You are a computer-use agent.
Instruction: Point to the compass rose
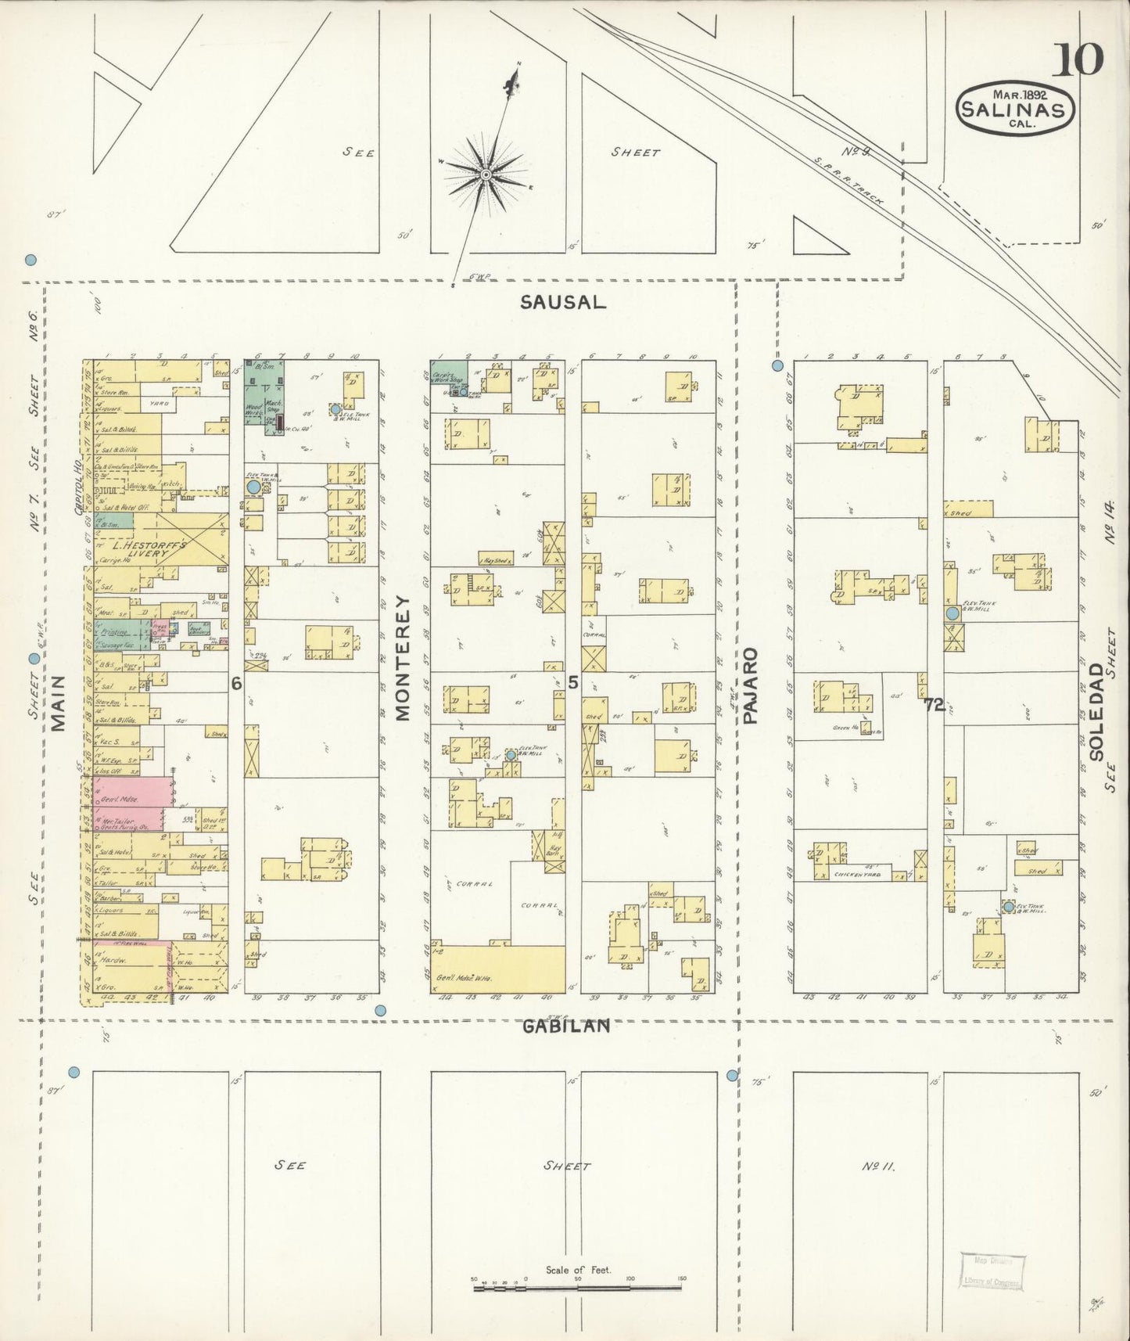(486, 173)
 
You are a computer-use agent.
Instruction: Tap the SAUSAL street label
(563, 303)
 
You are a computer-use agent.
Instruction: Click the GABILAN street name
(565, 1026)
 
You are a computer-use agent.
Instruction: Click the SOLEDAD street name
(1096, 712)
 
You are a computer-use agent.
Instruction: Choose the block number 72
(933, 705)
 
